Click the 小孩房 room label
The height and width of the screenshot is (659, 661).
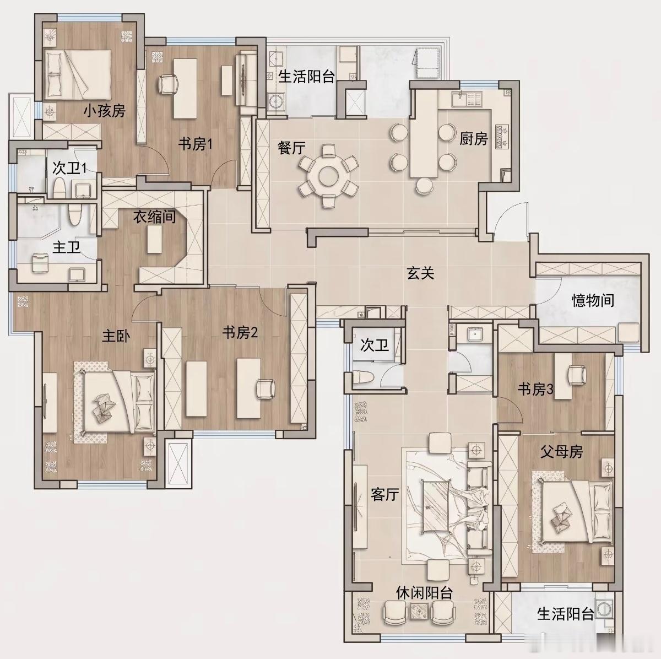tap(105, 111)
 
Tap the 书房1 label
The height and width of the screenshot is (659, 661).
tap(195, 144)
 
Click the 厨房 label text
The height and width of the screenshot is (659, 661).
tap(473, 139)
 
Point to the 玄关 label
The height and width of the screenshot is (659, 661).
tap(420, 273)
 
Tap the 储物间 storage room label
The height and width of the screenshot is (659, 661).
tap(593, 301)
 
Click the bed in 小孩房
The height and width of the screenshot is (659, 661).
tap(78, 74)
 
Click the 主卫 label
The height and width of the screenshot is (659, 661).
tap(66, 247)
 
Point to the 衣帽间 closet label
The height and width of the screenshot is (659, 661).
tap(154, 217)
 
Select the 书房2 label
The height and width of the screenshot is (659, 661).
tap(240, 332)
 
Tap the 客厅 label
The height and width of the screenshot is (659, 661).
tap(384, 495)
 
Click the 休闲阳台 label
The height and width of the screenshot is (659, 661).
tap(424, 593)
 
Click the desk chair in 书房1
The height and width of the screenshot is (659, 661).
tap(168, 84)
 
